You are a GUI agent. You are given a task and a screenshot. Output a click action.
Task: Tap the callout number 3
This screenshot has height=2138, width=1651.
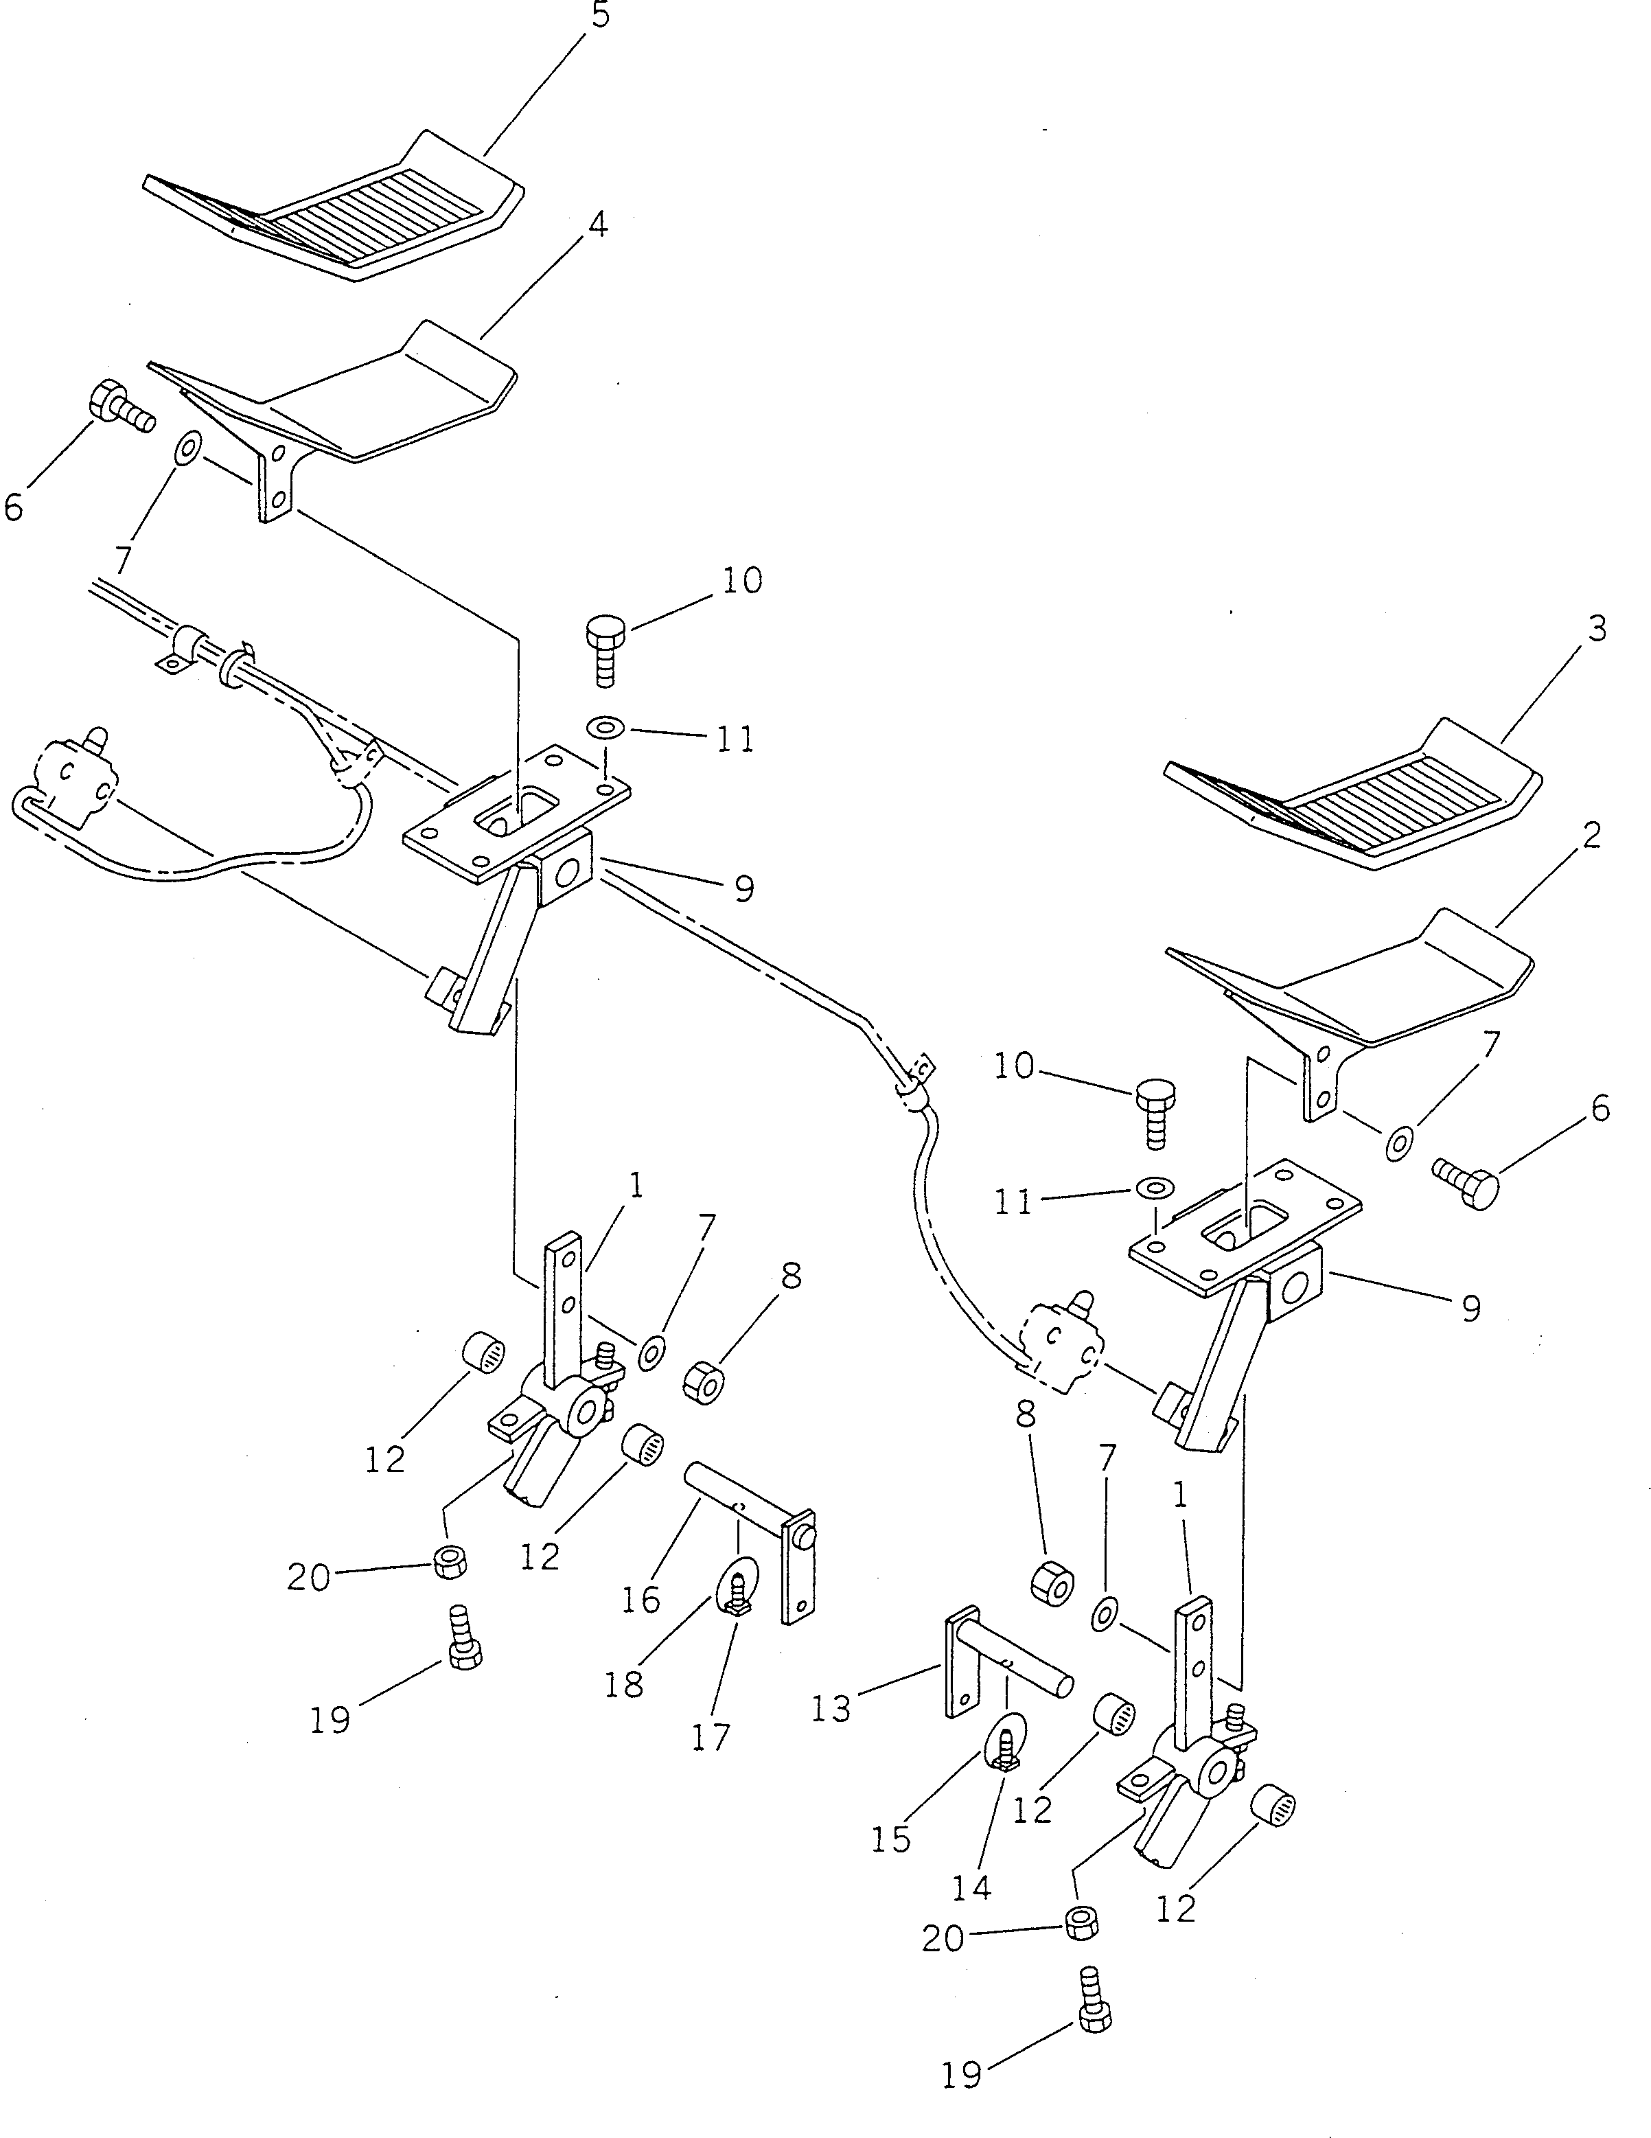pos(1596,628)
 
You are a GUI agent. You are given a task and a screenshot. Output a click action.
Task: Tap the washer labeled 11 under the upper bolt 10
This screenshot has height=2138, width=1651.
pos(608,729)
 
